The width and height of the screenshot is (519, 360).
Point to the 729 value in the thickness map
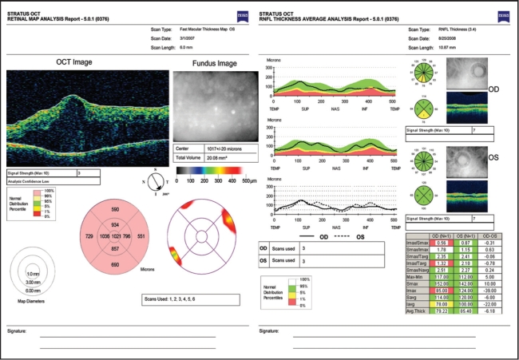coord(89,238)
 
